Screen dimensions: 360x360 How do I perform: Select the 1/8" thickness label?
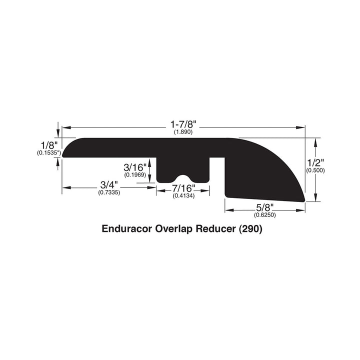click(49, 145)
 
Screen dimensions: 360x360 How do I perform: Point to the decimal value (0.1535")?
click(49, 153)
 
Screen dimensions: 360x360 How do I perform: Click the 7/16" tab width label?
click(182, 188)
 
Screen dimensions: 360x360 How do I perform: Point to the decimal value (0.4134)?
click(182, 196)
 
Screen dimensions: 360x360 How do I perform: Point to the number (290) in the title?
click(250, 230)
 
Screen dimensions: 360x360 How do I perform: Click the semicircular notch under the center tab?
click(182, 178)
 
